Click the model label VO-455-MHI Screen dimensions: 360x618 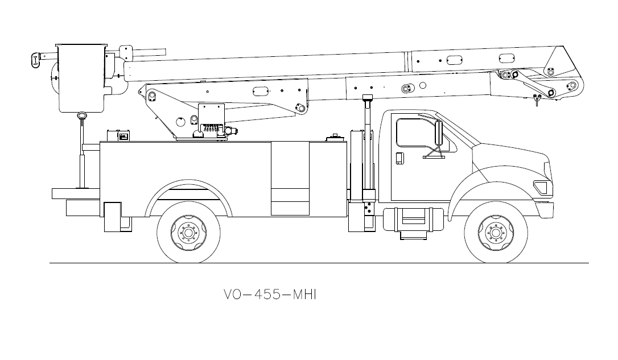click(x=269, y=295)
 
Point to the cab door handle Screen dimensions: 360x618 click(x=399, y=159)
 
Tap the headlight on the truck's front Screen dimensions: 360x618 click(x=541, y=186)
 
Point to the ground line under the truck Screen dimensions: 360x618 click(x=319, y=263)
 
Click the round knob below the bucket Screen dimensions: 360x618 click(x=83, y=115)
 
